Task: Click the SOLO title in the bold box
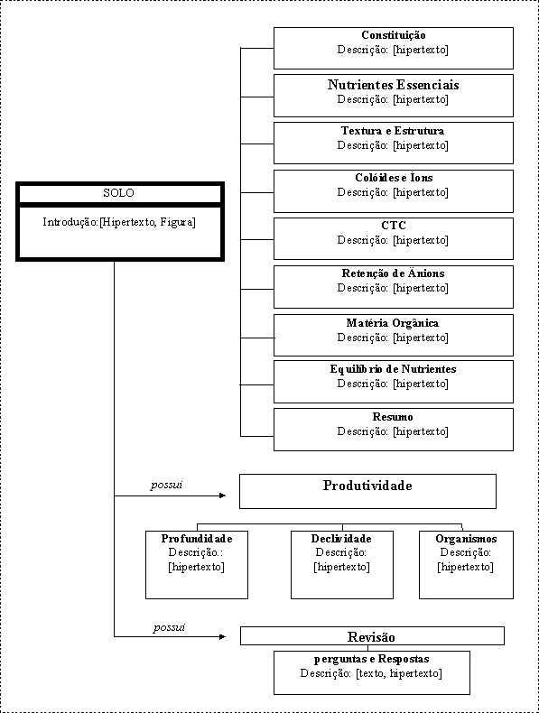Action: click(118, 193)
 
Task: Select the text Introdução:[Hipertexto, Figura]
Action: click(119, 222)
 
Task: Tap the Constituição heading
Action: click(394, 35)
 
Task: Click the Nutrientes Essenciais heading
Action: click(393, 85)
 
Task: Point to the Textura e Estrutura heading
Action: click(393, 131)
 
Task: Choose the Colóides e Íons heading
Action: click(394, 177)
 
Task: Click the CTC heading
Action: click(394, 225)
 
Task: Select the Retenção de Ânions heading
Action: click(393, 273)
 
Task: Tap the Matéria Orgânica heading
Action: click(393, 323)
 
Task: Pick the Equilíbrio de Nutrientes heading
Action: click(393, 369)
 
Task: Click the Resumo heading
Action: click(393, 417)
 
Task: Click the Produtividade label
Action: click(367, 486)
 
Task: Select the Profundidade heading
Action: click(197, 539)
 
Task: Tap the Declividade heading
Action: click(341, 539)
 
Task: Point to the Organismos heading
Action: click(466, 539)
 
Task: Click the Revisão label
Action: click(371, 636)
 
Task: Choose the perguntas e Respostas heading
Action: click(372, 659)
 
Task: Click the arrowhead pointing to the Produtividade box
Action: click(222, 495)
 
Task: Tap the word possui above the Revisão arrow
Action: click(169, 627)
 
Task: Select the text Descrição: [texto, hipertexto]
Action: click(371, 673)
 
